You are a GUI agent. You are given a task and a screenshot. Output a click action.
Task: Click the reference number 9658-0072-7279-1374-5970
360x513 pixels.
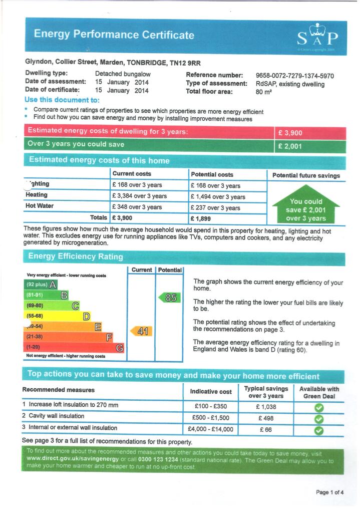(294, 76)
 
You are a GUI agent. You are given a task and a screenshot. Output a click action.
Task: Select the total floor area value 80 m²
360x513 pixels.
(263, 92)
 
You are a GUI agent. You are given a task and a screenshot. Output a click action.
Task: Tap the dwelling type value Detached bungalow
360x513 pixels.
(123, 74)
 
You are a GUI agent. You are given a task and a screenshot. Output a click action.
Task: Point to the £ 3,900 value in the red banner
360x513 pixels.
(291, 133)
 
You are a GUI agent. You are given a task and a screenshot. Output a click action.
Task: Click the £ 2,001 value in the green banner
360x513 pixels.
(291, 146)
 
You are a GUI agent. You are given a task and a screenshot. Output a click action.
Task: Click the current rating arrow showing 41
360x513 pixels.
(141, 331)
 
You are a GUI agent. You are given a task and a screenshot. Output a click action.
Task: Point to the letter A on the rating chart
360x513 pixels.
(52, 285)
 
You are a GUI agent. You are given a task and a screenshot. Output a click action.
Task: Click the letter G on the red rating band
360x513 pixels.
(120, 348)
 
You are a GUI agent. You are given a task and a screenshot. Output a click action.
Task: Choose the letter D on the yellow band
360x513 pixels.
(87, 316)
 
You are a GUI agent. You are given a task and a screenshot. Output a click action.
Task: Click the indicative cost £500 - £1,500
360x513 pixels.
(211, 417)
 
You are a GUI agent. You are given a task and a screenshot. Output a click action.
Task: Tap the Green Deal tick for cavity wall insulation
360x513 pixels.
(318, 418)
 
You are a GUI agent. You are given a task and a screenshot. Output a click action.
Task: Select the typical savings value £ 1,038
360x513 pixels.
(266, 407)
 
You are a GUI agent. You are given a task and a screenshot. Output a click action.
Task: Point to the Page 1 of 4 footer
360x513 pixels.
(329, 492)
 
